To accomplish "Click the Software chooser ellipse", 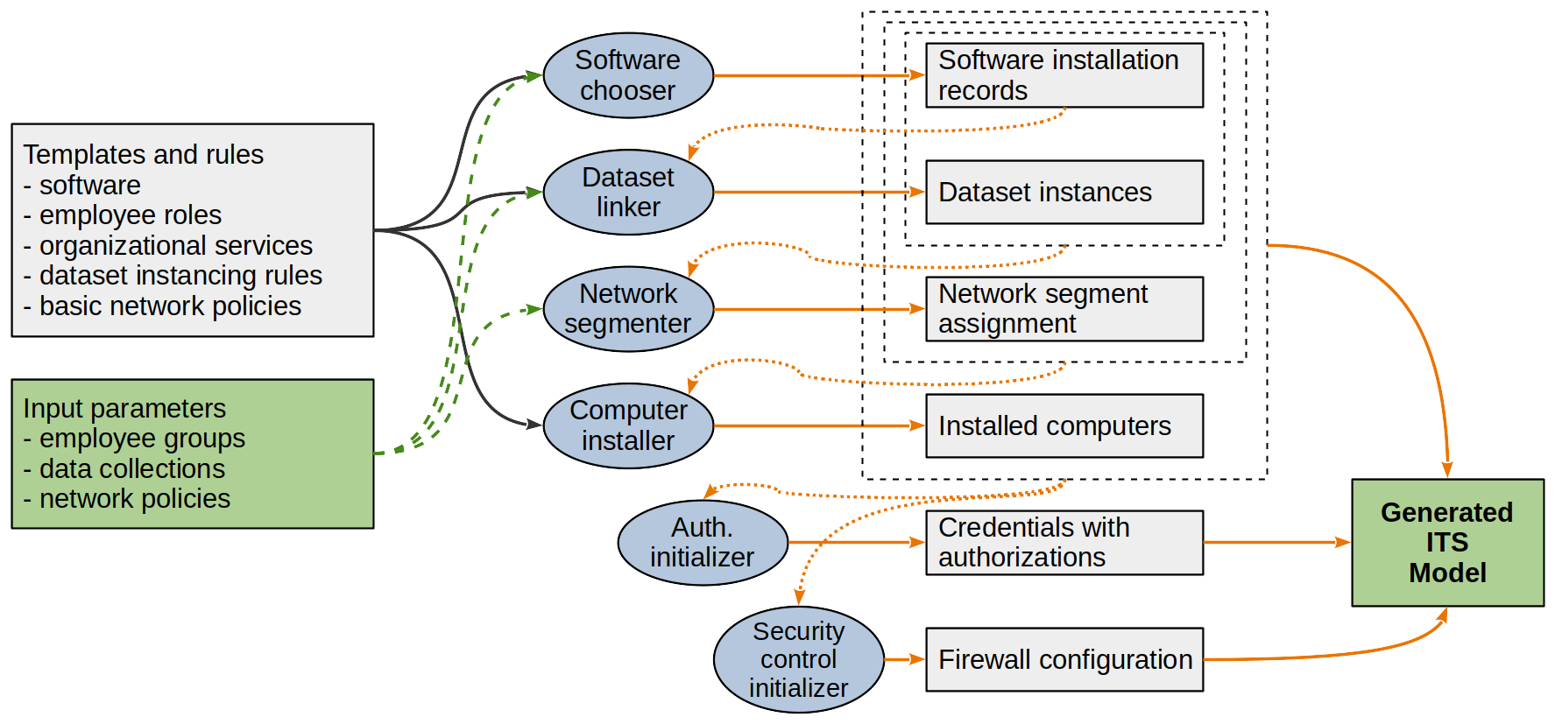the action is point(628,75).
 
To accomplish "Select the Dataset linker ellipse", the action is point(628,192).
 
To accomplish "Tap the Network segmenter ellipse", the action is point(628,309).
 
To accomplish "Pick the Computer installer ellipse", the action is point(628,425).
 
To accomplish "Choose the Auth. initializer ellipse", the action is point(703,543).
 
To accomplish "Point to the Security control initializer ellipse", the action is point(799,659).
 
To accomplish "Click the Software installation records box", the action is point(1064,75).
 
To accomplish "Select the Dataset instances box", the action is point(1064,192).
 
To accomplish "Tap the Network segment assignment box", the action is point(1064,309).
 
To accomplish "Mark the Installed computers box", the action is point(1064,425).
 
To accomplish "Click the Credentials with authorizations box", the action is point(1064,543).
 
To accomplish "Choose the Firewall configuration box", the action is point(1064,659).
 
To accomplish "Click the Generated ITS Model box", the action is point(1448,543).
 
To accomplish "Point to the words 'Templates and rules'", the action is point(144,155).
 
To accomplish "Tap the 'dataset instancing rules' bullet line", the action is point(173,276).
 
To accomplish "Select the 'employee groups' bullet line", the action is point(134,439).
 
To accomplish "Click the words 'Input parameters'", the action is point(124,408).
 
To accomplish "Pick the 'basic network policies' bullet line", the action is point(162,306).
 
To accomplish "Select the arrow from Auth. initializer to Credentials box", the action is point(857,543).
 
